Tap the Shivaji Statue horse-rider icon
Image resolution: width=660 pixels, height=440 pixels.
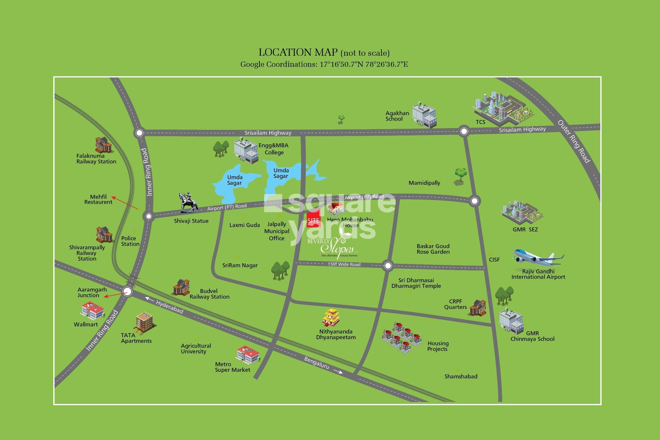click(188, 203)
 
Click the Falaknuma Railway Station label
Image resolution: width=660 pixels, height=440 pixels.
click(96, 159)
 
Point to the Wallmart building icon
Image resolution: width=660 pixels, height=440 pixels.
click(92, 310)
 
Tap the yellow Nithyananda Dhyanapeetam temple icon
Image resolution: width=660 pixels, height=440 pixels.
click(331, 318)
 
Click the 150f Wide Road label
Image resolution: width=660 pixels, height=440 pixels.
click(344, 264)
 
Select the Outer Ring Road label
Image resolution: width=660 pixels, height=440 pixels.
click(574, 141)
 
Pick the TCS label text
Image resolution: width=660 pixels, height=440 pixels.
click(480, 122)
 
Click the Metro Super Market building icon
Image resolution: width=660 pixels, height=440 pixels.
click(248, 354)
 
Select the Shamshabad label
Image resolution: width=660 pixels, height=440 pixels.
click(461, 376)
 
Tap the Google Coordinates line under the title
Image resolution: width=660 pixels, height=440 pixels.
click(324, 64)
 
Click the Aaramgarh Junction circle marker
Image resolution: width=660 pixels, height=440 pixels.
click(127, 292)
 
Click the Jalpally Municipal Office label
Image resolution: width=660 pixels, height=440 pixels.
click(277, 231)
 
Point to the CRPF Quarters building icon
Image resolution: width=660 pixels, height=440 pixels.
click(478, 308)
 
